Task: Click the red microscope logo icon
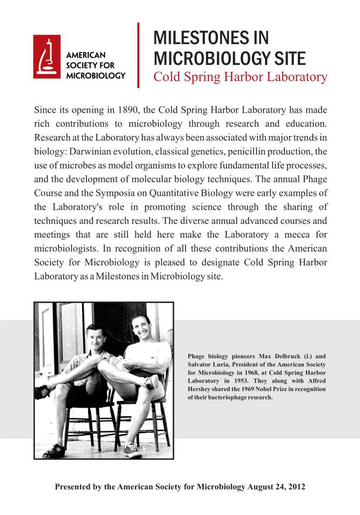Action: click(47, 55)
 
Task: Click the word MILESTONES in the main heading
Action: click(196, 38)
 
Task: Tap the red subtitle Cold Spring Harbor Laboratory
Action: click(240, 77)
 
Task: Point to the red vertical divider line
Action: click(138, 55)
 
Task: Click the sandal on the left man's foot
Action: click(54, 451)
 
